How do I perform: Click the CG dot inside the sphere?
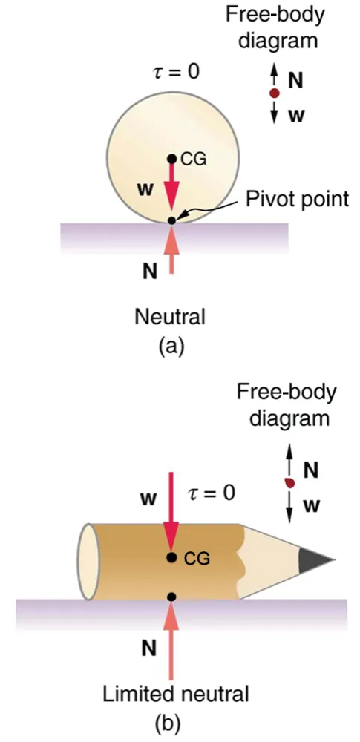tap(171, 158)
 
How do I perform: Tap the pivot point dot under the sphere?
tap(172, 220)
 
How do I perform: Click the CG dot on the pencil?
tap(171, 557)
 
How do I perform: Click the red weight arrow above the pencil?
tap(171, 512)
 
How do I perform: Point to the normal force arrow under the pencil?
tap(171, 638)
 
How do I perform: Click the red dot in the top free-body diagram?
tap(274, 93)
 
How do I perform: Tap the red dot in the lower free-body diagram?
tap(290, 483)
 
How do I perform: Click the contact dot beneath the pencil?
tap(171, 596)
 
